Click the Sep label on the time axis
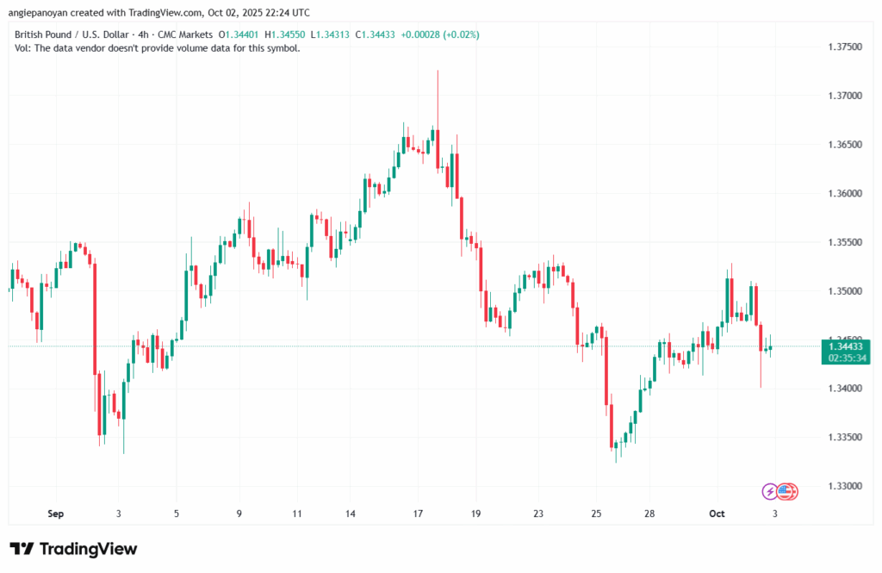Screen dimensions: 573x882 tap(56, 514)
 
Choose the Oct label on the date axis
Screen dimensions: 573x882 tap(717, 514)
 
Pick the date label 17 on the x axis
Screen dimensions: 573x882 tap(418, 514)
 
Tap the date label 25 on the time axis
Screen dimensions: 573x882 tap(596, 514)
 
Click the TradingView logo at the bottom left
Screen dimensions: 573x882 tap(73, 549)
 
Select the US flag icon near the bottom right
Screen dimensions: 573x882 tap(786, 492)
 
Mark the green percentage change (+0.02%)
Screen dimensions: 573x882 tap(461, 34)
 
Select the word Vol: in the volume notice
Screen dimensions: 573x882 tap(23, 48)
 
